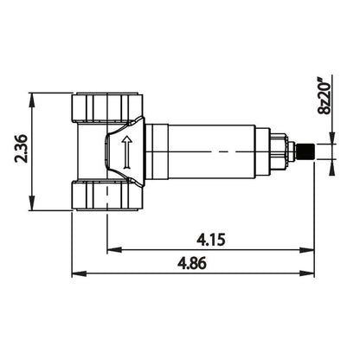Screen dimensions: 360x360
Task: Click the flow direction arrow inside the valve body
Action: [x=125, y=151]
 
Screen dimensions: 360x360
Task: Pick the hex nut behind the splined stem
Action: [x=278, y=151]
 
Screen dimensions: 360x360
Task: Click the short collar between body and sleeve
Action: [x=154, y=151]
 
